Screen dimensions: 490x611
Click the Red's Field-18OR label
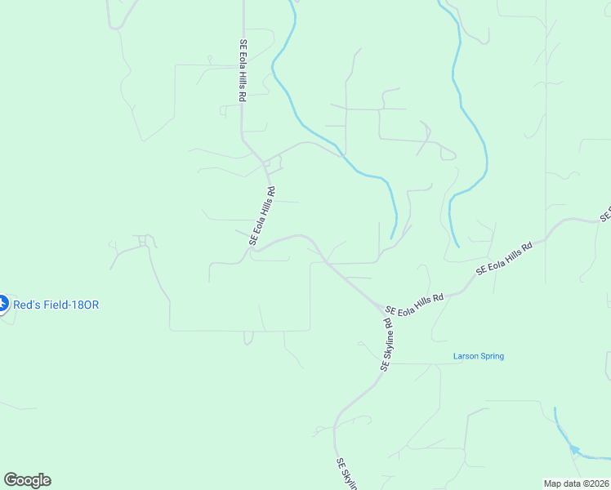(x=56, y=305)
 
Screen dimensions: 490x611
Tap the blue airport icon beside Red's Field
(x=2, y=305)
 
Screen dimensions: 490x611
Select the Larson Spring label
(x=479, y=356)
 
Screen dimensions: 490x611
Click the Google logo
(x=27, y=480)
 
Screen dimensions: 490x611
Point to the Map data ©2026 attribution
(x=577, y=483)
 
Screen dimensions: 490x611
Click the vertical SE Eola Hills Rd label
(x=243, y=71)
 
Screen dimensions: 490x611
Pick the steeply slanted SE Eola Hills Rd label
(x=262, y=216)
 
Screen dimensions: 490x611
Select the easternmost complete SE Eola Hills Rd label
(x=505, y=258)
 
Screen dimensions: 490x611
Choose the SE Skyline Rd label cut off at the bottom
(x=347, y=474)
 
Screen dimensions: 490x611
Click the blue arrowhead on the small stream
(x=574, y=449)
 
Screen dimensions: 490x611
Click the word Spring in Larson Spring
(x=492, y=356)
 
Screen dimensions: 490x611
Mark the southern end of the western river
(x=391, y=239)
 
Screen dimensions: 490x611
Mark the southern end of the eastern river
(x=458, y=246)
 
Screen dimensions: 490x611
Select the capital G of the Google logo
(x=11, y=480)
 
